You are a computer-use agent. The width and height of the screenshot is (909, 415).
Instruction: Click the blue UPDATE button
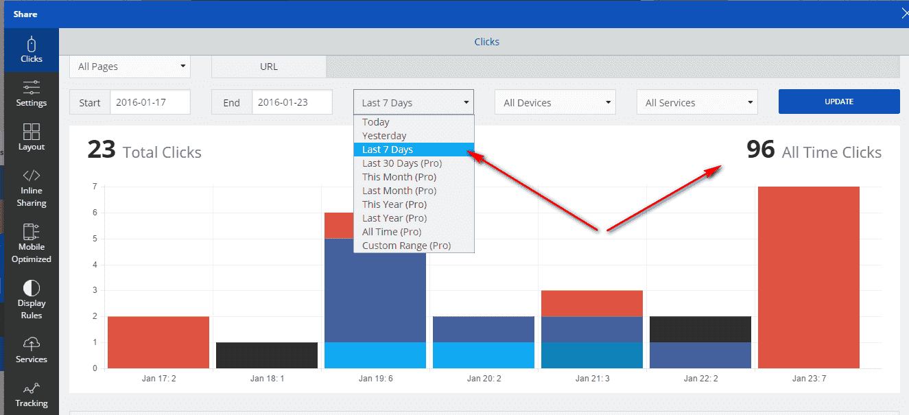point(838,102)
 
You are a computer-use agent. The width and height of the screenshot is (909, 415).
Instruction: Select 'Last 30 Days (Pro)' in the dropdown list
point(402,163)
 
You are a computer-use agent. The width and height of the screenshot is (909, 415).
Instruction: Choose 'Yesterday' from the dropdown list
point(384,136)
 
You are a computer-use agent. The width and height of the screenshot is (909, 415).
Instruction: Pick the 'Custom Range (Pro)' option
point(406,246)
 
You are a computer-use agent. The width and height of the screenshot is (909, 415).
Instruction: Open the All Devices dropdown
point(555,103)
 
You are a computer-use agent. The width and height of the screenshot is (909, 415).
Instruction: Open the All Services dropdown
point(697,103)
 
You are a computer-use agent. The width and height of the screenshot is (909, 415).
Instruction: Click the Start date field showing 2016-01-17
point(150,102)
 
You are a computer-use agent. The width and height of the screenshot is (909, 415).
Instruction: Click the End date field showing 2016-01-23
point(292,102)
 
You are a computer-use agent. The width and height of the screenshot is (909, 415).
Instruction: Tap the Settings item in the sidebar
point(32,94)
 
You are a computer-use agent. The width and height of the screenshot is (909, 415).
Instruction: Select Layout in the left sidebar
point(32,137)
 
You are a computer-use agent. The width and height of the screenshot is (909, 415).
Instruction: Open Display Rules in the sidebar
point(32,300)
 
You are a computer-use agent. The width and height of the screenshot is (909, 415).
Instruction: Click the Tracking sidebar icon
point(32,394)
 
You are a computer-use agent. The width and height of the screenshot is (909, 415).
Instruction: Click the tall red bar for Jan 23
point(808,277)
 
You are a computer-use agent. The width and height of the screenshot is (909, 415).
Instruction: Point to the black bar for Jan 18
point(267,355)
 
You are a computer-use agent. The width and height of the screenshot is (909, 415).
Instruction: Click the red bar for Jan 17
point(158,342)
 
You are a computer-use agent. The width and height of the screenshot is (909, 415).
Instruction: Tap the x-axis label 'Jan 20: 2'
point(484,378)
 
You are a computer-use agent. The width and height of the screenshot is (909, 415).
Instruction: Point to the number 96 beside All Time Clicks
point(760,150)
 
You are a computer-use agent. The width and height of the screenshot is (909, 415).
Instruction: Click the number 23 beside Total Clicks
point(102,150)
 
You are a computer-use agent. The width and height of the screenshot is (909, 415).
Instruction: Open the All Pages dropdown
point(130,67)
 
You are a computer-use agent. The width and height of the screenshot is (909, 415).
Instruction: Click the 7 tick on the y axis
point(94,187)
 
